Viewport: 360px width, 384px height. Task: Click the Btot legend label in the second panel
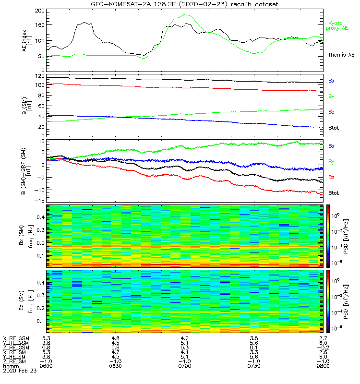coord(333,128)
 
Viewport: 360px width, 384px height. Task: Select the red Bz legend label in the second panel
coord(331,112)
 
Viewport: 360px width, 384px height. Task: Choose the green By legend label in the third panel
coord(331,161)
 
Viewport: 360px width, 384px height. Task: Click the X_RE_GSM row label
coord(16,338)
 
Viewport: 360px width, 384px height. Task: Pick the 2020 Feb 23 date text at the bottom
coord(16,371)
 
